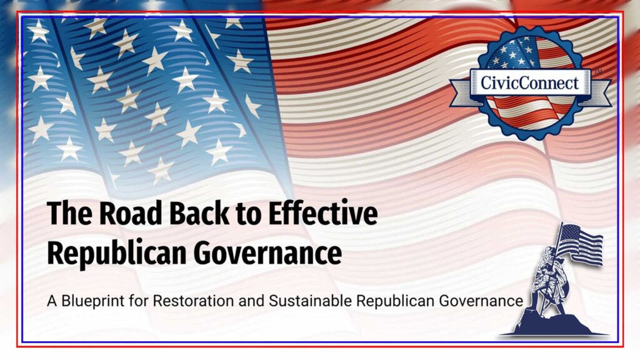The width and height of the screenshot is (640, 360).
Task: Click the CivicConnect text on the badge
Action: coord(529,82)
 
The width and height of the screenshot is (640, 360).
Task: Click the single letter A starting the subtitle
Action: coord(51,301)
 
